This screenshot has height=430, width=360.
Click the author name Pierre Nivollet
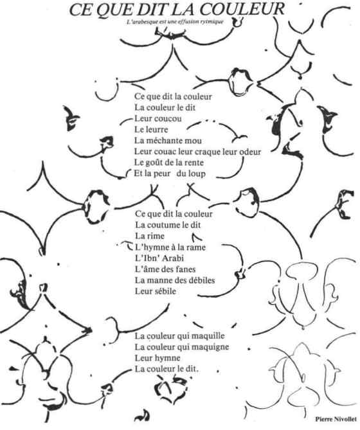(336, 419)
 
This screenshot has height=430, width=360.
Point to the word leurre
(157, 130)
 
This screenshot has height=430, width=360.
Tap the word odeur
(249, 152)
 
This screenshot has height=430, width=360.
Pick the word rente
(194, 163)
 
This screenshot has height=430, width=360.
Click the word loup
(196, 174)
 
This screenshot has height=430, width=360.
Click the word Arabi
(174, 258)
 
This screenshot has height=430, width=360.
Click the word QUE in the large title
(116, 10)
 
